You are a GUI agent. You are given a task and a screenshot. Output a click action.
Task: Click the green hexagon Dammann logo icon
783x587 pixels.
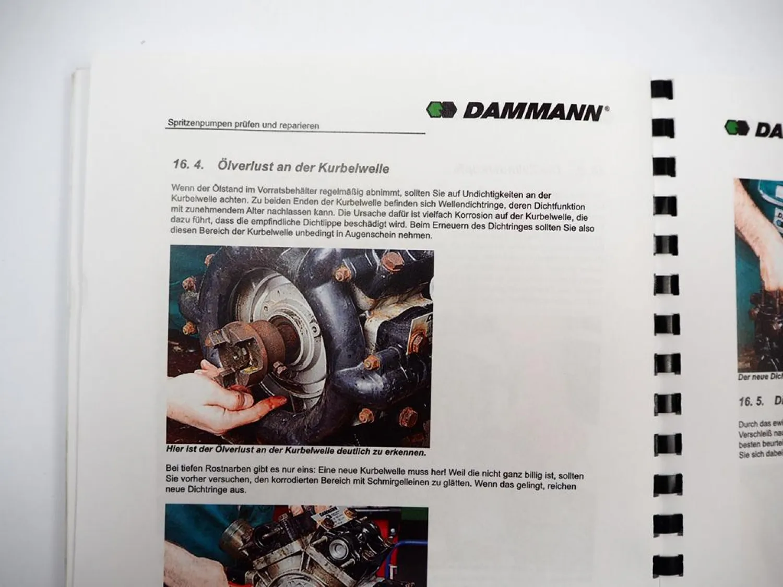coord(442,110)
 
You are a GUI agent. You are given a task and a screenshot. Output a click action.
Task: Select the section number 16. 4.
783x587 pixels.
coord(188,164)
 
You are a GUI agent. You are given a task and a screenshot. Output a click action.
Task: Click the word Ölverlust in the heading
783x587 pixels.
coord(242,166)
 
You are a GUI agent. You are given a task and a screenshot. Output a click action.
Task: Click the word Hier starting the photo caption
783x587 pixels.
coord(175,448)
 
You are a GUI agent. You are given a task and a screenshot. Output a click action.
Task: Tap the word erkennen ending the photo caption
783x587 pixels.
coord(408,452)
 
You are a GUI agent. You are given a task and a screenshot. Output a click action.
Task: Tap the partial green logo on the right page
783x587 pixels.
coord(737,127)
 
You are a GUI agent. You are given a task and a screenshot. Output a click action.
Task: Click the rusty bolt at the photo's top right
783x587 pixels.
coord(390,260)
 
